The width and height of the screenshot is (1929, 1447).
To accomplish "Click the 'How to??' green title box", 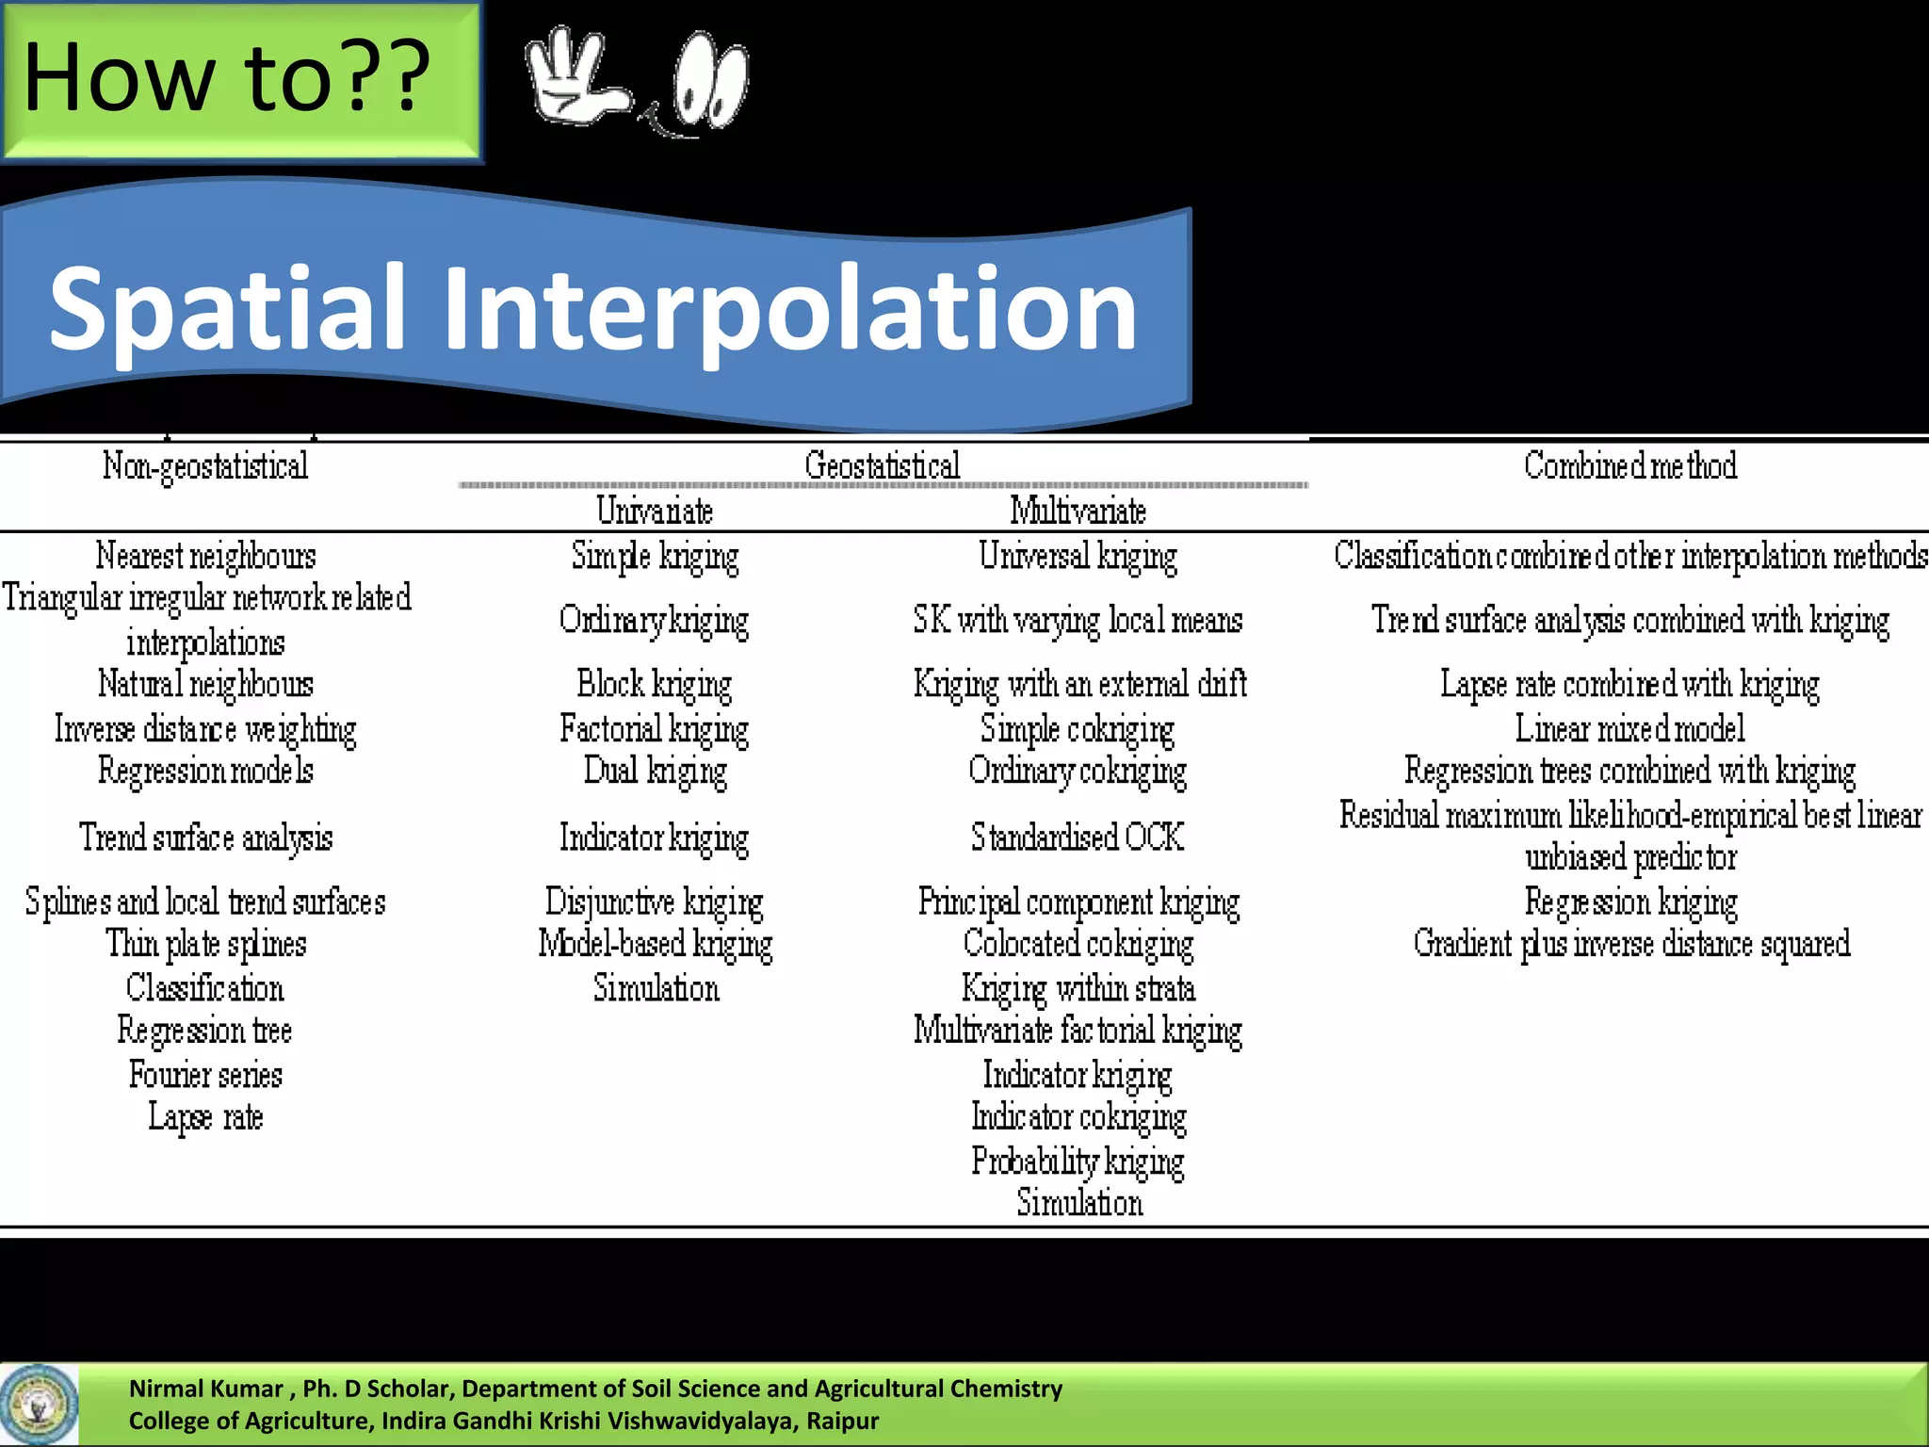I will point(240,81).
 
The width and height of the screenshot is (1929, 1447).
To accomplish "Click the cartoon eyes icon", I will point(711,81).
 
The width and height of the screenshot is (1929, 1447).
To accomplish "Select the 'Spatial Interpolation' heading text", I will point(593,308).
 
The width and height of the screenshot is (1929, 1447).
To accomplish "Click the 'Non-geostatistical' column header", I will point(205,465).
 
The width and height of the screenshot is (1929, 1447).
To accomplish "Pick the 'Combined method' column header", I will point(1630,465).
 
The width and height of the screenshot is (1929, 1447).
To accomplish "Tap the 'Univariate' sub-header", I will point(655,511).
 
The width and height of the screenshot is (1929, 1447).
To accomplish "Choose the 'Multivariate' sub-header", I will point(1078,511).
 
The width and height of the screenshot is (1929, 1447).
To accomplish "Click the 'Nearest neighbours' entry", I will point(205,556).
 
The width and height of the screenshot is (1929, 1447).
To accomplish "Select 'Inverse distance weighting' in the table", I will point(205,729).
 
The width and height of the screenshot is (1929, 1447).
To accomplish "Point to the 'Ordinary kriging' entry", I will point(655,620).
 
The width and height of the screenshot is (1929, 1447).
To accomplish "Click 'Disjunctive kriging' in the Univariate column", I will point(655,902).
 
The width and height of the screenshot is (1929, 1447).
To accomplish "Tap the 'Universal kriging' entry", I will point(1078,556).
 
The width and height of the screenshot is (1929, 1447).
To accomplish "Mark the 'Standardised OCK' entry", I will point(1078,837).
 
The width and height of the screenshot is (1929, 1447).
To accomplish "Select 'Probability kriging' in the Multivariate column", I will point(1078,1161).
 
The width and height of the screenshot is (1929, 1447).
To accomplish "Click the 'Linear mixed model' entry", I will point(1630,728).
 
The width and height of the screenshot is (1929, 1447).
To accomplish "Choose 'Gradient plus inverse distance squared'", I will point(1631,944).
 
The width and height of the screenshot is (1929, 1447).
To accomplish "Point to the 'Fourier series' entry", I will point(205,1074).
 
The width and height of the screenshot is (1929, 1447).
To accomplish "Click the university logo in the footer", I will point(40,1404).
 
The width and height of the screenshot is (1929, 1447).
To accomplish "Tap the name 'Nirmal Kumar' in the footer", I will point(205,1389).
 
